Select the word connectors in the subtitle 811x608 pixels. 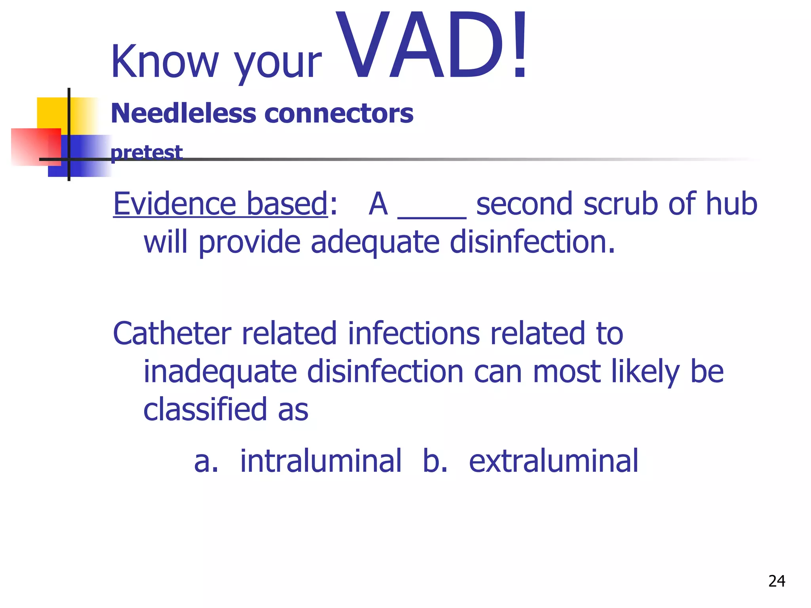339,114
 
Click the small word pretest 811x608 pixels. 147,152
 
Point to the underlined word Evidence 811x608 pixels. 175,203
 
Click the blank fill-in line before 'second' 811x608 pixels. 432,214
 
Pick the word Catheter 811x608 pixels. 172,333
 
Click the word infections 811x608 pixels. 414,333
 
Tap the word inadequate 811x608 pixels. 220,372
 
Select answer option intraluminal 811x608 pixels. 321,461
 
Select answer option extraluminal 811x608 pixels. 554,461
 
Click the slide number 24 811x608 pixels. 777,581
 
